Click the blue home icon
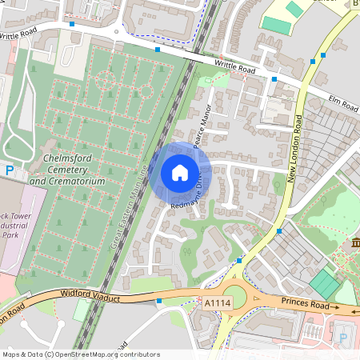point(180,172)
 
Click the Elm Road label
point(343,103)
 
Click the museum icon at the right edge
point(354,242)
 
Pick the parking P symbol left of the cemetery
point(10,170)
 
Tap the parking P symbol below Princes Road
point(343,338)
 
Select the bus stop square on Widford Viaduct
point(159,302)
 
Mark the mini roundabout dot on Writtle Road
point(117,33)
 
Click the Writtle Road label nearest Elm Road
point(234,68)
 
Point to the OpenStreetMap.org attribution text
point(81,354)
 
